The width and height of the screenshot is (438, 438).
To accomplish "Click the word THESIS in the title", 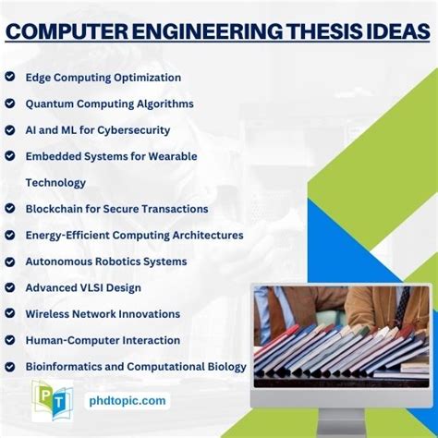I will [322, 31].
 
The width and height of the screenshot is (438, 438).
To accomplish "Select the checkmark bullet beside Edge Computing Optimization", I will [10, 78].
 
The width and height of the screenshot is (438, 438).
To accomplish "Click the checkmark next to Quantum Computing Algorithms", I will [10, 104].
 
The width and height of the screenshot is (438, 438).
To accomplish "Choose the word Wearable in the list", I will [172, 156].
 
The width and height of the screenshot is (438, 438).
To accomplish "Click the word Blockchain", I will [57, 209].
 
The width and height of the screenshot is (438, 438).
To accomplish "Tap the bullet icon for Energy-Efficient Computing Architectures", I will [10, 235].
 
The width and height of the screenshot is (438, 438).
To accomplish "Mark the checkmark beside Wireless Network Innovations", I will [10, 314].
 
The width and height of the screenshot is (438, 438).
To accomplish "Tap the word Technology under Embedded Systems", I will [55, 183].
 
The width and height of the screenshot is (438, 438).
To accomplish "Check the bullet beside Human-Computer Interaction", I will [10, 340].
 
